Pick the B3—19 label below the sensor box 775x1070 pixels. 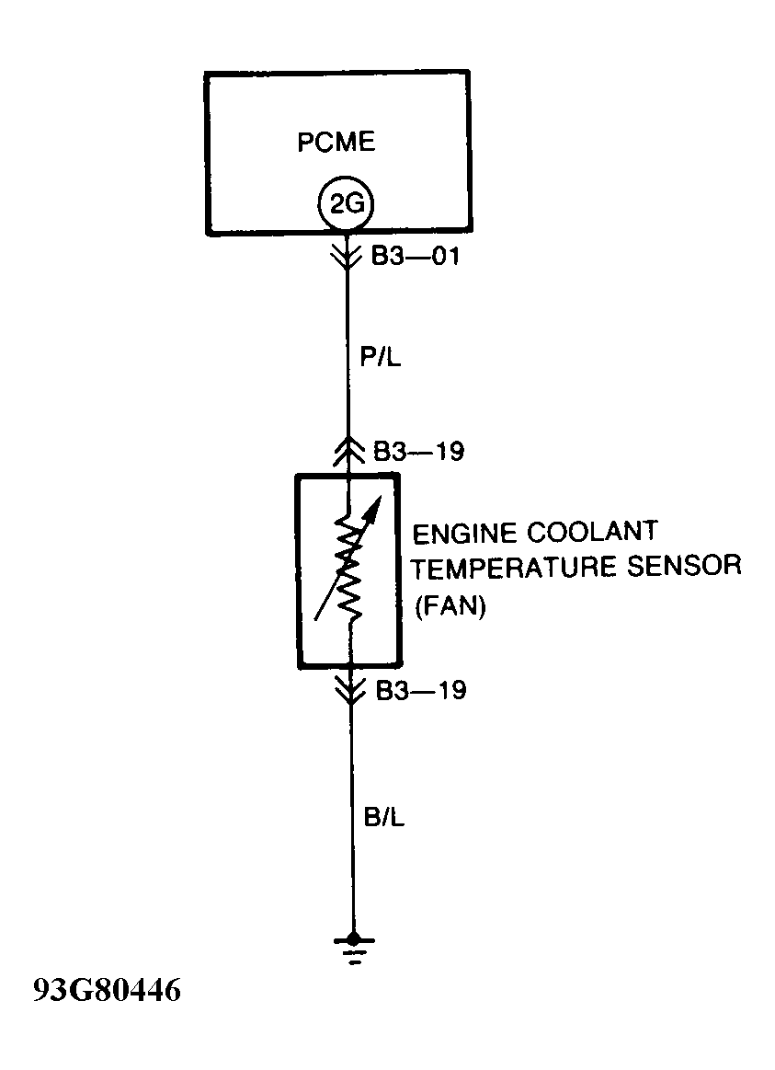click(x=421, y=690)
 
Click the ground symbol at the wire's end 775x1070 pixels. click(x=350, y=945)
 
